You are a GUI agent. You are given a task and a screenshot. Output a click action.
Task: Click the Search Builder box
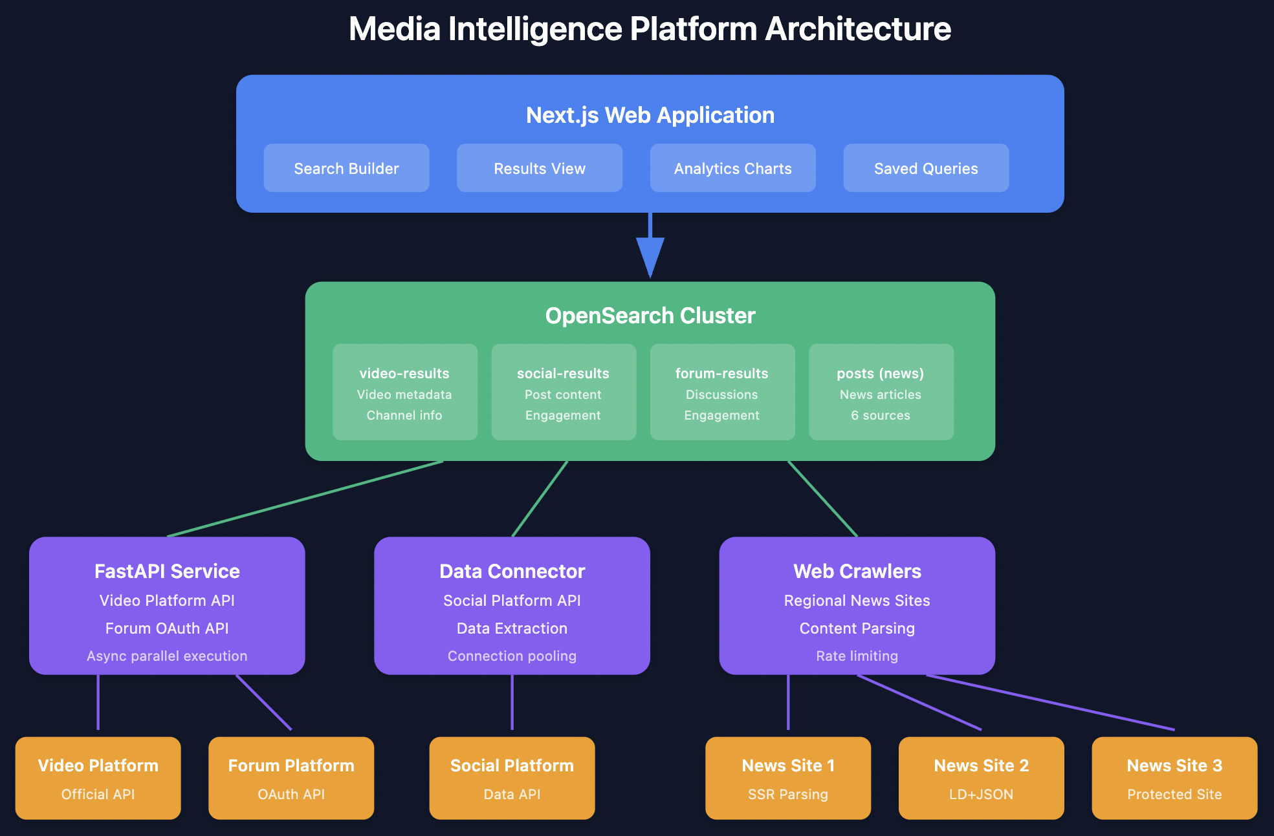(346, 168)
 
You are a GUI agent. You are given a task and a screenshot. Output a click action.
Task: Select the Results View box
(539, 168)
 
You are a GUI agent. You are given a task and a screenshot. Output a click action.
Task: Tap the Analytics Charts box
(732, 168)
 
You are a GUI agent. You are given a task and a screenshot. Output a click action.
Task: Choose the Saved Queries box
(925, 168)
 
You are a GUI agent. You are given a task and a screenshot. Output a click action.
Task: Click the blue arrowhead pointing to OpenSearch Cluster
(650, 256)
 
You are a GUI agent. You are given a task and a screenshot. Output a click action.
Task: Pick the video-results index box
(404, 392)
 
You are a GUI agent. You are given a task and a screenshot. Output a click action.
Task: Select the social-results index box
(563, 392)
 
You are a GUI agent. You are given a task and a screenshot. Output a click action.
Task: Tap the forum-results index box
(721, 392)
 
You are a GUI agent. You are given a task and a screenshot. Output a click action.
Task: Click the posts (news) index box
(881, 392)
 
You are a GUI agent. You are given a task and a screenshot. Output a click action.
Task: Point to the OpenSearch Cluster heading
(650, 316)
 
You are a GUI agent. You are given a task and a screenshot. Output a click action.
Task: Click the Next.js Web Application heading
(650, 115)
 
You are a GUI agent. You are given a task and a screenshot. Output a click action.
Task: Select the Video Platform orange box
(98, 778)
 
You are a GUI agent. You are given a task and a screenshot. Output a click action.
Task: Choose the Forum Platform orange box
(291, 778)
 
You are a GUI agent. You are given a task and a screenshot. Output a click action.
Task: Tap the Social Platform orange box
(512, 778)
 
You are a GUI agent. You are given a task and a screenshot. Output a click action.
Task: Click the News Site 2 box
(981, 778)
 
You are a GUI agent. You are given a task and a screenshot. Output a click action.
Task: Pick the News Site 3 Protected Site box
(1174, 778)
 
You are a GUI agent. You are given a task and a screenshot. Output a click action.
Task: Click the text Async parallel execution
(167, 656)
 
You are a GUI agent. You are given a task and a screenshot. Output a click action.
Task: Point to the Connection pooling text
(512, 656)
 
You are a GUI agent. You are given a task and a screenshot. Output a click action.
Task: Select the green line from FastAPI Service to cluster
(304, 498)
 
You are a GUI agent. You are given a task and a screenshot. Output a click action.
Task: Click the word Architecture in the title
(858, 29)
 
